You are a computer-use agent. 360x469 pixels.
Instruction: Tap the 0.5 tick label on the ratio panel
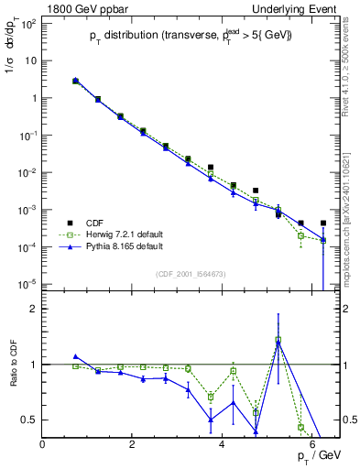pyautogui.click(x=27, y=420)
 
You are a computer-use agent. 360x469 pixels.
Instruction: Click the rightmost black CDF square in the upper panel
pyautogui.click(x=323, y=223)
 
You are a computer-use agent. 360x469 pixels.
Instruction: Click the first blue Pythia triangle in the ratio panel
pyautogui.click(x=76, y=356)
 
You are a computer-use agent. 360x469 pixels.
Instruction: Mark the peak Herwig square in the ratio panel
pyautogui.click(x=278, y=340)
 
